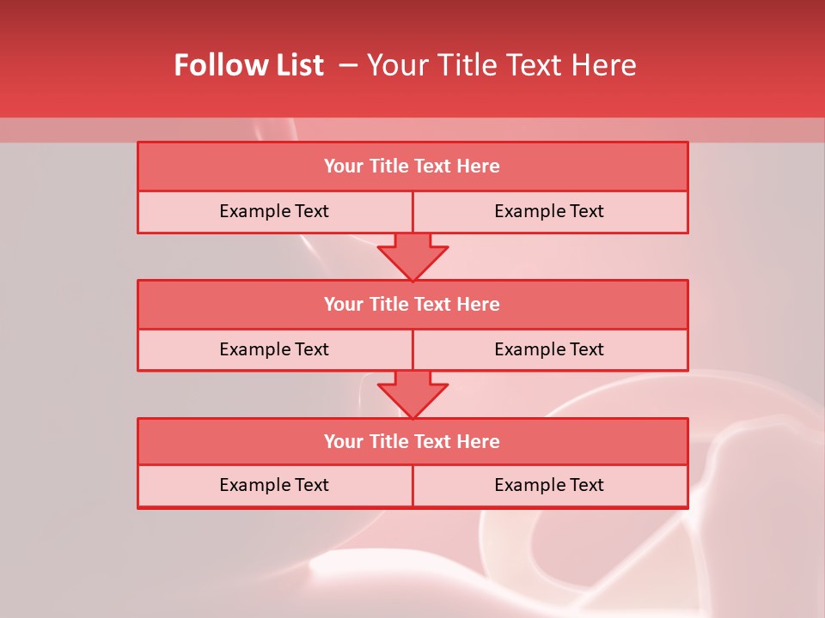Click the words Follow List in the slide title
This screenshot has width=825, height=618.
click(x=248, y=65)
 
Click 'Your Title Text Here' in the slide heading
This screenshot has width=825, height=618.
click(x=501, y=65)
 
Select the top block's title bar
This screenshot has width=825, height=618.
click(x=412, y=167)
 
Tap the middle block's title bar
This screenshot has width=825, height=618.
click(x=412, y=304)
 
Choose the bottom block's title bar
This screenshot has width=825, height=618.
click(x=412, y=441)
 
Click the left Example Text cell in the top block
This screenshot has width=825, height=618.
click(x=274, y=211)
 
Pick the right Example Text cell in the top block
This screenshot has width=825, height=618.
click(x=549, y=211)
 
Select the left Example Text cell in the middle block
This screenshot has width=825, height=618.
click(x=274, y=349)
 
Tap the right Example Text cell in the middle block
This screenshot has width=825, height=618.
click(x=549, y=349)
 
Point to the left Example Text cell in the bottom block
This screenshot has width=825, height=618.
click(x=274, y=485)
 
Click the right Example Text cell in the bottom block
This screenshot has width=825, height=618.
click(x=549, y=485)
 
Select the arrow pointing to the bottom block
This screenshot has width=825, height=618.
click(x=412, y=394)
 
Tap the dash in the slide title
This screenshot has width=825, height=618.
click(x=348, y=65)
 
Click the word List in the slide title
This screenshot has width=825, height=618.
click(x=300, y=65)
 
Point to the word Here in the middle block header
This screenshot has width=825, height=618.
click(x=479, y=304)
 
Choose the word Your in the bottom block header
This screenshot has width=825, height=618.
click(x=343, y=441)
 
